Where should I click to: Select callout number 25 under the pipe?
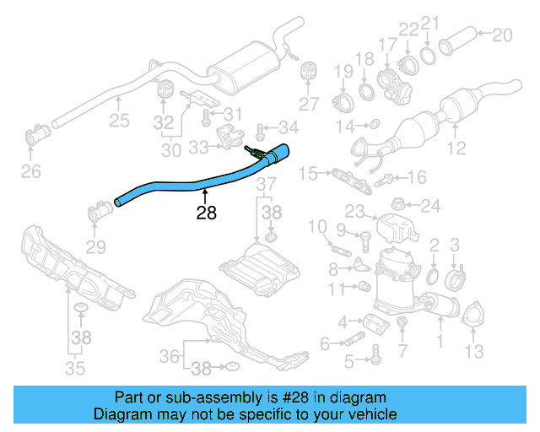119,121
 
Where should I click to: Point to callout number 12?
456,149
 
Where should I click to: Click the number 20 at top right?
502,35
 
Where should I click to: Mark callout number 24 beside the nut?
430,205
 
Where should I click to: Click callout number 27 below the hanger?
309,104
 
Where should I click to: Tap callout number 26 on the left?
30,174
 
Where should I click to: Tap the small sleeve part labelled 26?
37,134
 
